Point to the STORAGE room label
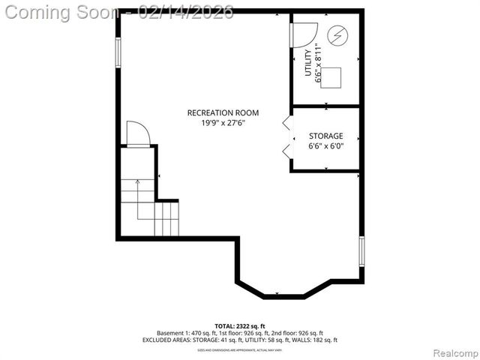coord(326,136)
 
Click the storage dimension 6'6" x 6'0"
coord(326,147)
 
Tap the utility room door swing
coord(303,34)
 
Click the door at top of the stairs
coord(138,133)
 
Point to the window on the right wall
coord(361,250)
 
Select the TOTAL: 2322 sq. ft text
coord(240,325)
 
